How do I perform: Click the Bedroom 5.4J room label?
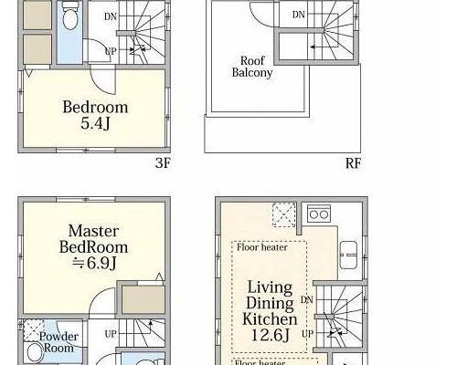coord(95,115)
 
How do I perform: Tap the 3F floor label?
coord(163,163)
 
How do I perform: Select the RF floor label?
coord(353,163)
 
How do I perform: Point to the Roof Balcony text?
coord(252,67)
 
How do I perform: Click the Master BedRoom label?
coord(93,239)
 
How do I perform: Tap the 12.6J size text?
coord(270,335)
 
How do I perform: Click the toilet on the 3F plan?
coord(69,17)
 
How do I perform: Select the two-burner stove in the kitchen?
coord(319,214)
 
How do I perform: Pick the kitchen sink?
coord(348,255)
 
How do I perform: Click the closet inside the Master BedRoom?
coord(143,299)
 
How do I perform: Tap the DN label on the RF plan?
coord(298,15)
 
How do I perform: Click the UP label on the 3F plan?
coord(111,51)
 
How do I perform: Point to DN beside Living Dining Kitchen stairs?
coord(307,300)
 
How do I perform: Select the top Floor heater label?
coord(262,247)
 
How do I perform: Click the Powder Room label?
coord(58,342)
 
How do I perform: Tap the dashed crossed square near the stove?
coord(284,214)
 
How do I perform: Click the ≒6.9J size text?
coord(94,263)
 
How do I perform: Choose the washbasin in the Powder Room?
coord(35,353)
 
